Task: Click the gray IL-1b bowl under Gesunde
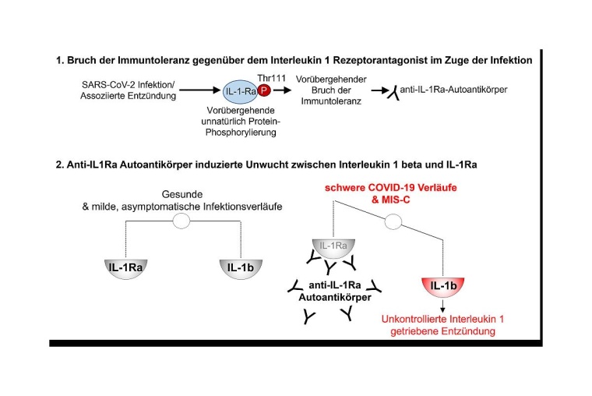pos(238,268)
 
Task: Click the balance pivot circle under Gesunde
pos(181,221)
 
